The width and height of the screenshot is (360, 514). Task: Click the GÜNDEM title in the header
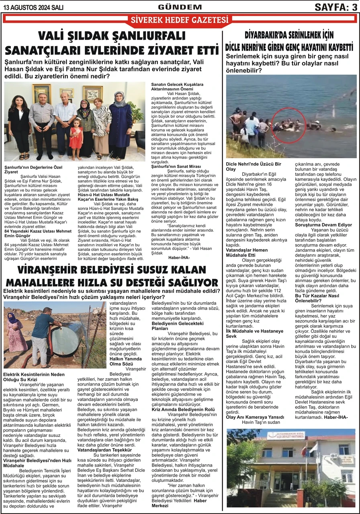coord(180,7)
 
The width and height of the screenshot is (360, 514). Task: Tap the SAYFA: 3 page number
coord(335,7)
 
